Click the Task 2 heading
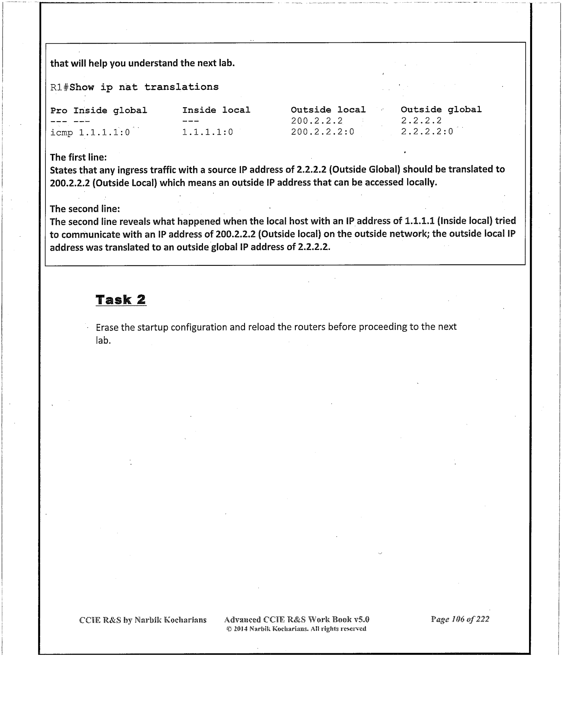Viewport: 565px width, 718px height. click(121, 300)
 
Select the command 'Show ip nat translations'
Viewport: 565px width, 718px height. click(144, 87)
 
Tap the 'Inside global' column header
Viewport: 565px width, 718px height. click(110, 111)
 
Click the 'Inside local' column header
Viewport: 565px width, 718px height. click(216, 110)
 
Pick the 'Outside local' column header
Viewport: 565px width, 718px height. click(328, 110)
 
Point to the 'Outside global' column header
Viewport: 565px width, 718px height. click(441, 109)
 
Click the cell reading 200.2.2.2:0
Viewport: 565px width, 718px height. click(322, 132)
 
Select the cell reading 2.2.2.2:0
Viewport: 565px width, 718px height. click(427, 131)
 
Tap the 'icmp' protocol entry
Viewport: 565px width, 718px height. click(61, 133)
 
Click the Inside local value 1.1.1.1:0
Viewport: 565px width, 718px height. click(207, 132)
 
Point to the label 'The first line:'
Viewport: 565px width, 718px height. click(79, 157)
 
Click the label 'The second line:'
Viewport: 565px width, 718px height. click(85, 209)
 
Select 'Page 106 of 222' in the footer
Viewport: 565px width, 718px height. click(460, 619)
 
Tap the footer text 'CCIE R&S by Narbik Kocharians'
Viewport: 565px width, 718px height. click(143, 620)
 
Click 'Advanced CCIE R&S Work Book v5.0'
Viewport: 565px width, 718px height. click(297, 620)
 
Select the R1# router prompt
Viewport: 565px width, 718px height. click(59, 87)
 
